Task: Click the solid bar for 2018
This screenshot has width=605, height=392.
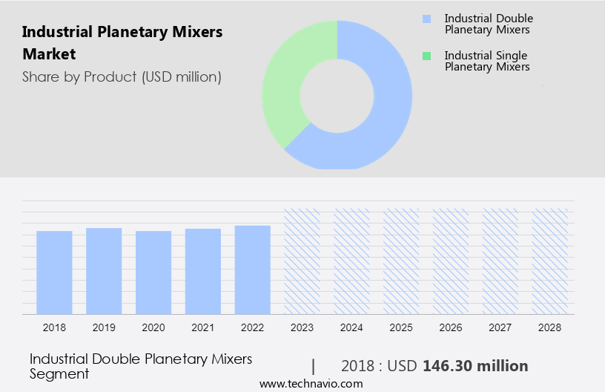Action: pyautogui.click(x=54, y=272)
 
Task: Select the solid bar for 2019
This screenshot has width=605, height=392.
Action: pyautogui.click(x=104, y=271)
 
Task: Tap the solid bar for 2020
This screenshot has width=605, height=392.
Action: pyautogui.click(x=153, y=272)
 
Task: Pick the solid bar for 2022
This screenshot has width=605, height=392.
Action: pyautogui.click(x=253, y=269)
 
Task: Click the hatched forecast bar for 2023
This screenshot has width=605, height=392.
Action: pyautogui.click(x=302, y=261)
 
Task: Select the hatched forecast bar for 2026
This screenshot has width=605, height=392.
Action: pyautogui.click(x=451, y=261)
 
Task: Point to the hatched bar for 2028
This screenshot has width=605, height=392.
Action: pyautogui.click(x=550, y=261)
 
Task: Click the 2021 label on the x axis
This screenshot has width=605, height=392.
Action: pyautogui.click(x=203, y=327)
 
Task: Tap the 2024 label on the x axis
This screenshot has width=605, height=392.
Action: pyautogui.click(x=351, y=327)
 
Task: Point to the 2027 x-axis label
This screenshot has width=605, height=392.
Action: pyautogui.click(x=500, y=327)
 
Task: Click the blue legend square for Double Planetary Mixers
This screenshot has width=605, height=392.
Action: pyautogui.click(x=426, y=19)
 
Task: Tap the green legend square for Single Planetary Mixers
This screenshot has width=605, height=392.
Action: pyautogui.click(x=426, y=56)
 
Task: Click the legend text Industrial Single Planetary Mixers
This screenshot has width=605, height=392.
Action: pyautogui.click(x=486, y=61)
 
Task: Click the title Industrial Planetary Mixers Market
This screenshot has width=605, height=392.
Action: pyautogui.click(x=122, y=43)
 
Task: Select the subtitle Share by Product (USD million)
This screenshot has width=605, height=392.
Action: pyautogui.click(x=122, y=76)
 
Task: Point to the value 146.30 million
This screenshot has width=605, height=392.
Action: pyautogui.click(x=475, y=366)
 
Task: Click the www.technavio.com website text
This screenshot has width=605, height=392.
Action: pyautogui.click(x=311, y=384)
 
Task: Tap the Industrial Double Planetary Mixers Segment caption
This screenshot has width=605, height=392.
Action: pyautogui.click(x=141, y=366)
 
